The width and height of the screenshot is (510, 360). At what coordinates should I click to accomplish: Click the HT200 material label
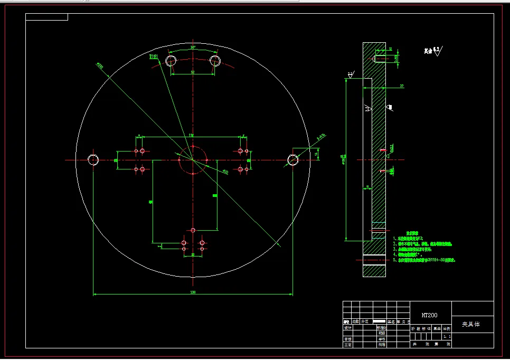[x=429, y=315]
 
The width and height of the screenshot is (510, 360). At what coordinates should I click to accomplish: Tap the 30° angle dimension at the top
[x=193, y=47]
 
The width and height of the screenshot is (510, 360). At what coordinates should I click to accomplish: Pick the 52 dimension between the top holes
[x=193, y=72]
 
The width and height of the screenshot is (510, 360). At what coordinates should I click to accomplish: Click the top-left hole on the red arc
[x=171, y=61]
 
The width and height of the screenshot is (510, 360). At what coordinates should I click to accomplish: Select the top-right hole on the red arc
[x=215, y=61]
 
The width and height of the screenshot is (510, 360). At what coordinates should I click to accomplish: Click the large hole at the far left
[x=93, y=159]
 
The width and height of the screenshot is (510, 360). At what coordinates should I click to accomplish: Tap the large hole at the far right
[x=292, y=159]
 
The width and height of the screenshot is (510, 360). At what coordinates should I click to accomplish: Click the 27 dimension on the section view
[x=401, y=86]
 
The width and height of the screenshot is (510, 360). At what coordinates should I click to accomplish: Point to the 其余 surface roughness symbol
[x=433, y=52]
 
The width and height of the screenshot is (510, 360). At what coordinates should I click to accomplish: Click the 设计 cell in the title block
[x=347, y=327]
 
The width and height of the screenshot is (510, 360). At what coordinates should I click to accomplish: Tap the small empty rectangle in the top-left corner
[x=46, y=17]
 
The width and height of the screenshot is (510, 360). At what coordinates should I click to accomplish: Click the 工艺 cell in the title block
[x=347, y=345]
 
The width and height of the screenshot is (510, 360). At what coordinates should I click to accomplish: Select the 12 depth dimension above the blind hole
[x=390, y=49]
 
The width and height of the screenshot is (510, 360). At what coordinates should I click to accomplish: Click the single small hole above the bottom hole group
[x=193, y=230]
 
